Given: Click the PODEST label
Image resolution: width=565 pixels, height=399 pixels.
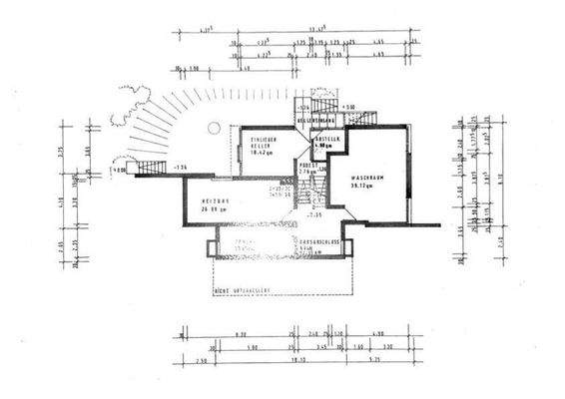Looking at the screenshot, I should point(307,165).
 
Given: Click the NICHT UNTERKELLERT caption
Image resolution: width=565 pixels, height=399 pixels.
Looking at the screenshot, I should point(243,291).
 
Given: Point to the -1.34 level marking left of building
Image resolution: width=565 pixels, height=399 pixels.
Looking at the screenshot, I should point(180,167).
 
